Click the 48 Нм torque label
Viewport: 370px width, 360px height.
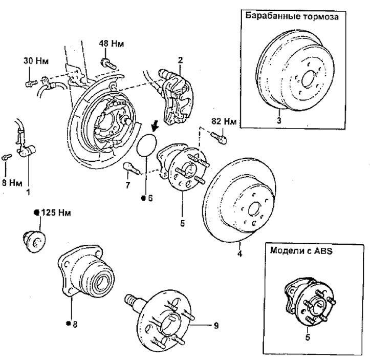click(112, 44)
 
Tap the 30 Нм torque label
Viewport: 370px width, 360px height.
click(36, 61)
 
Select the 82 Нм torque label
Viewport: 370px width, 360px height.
click(224, 121)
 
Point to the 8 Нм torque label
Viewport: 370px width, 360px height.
click(12, 183)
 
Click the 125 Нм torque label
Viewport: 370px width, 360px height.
click(56, 213)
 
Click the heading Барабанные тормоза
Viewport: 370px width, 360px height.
click(292, 16)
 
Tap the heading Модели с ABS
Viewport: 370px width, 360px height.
click(301, 250)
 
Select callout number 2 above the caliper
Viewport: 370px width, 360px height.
click(180, 60)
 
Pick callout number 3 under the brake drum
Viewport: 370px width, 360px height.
click(279, 120)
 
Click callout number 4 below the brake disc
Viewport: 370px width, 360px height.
click(240, 253)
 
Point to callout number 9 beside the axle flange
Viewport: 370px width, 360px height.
click(216, 326)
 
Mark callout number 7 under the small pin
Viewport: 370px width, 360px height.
click(127, 185)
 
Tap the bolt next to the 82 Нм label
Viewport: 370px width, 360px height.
click(219, 138)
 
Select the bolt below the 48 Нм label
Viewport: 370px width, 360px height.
click(108, 63)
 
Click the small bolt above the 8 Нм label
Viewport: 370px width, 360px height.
click(7, 157)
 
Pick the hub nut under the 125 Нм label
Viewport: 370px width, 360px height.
click(34, 241)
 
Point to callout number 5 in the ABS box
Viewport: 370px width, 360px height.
click(308, 337)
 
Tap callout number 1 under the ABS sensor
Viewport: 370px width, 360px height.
click(28, 192)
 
